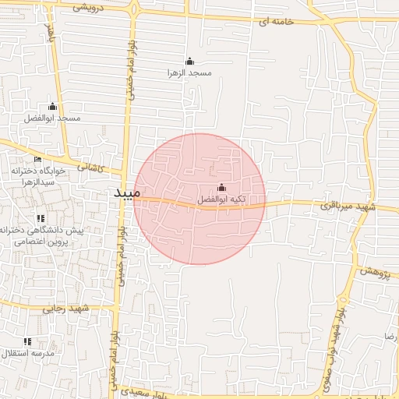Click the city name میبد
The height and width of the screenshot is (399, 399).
[122, 192]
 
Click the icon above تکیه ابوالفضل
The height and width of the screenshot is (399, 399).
[221, 188]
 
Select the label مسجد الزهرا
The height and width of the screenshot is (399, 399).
[189, 72]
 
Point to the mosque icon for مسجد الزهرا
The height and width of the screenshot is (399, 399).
[189, 61]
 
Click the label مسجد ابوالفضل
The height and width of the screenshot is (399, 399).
[53, 118]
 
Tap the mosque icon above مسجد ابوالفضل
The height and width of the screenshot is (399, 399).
[53, 106]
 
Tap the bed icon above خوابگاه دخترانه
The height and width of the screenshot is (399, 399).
[37, 160]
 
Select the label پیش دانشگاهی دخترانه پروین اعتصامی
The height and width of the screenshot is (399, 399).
[42, 236]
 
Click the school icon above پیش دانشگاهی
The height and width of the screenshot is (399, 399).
[41, 218]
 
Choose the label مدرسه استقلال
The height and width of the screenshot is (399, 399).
[27, 354]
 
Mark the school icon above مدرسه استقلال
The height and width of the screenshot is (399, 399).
[27, 341]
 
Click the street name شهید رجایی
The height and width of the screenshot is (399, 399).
[69, 309]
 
